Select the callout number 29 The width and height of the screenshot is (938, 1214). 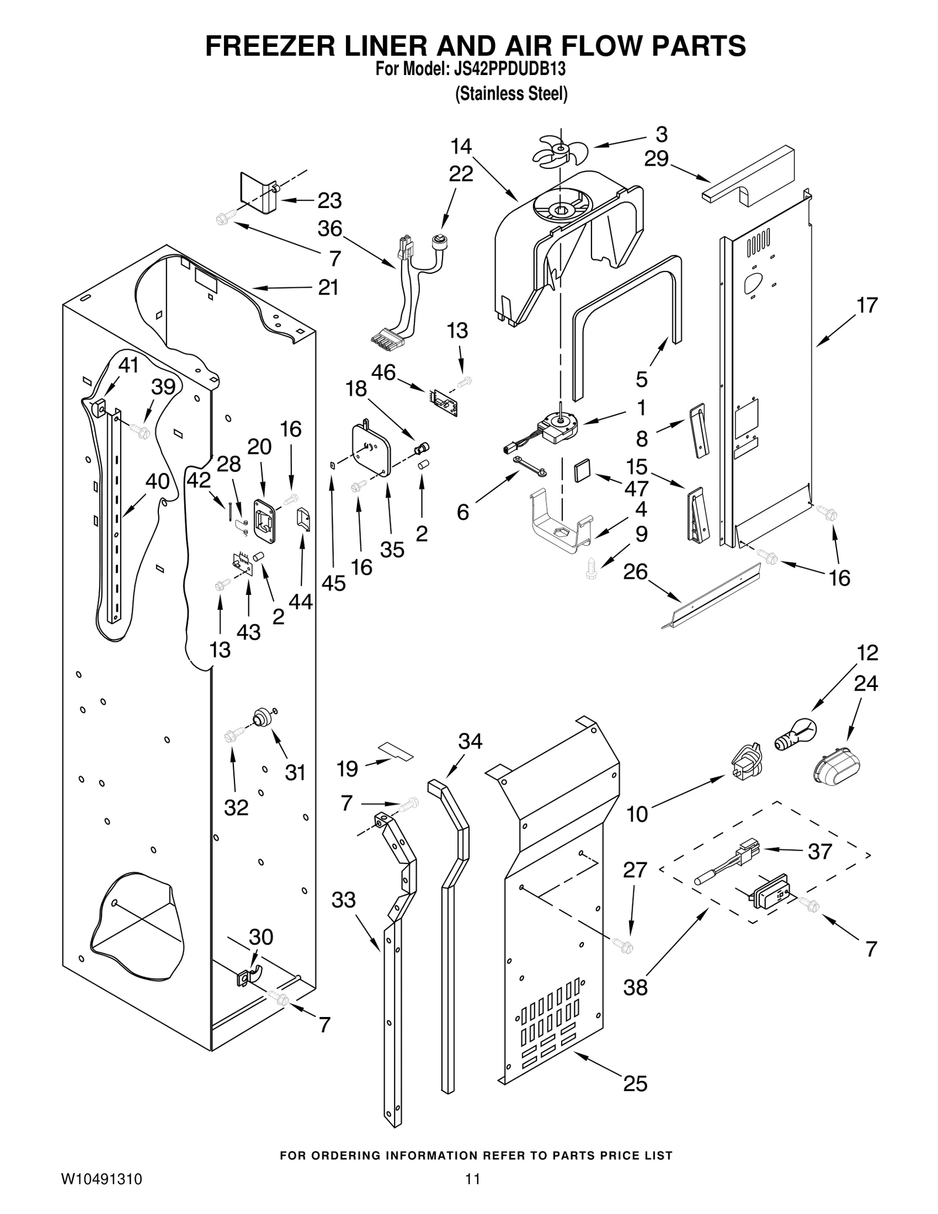[x=656, y=158]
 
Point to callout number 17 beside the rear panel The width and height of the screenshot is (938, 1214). [x=867, y=305]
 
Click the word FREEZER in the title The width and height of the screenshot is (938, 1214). [x=270, y=46]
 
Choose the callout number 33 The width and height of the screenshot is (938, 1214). [x=343, y=900]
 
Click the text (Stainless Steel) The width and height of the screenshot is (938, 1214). [x=511, y=94]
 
